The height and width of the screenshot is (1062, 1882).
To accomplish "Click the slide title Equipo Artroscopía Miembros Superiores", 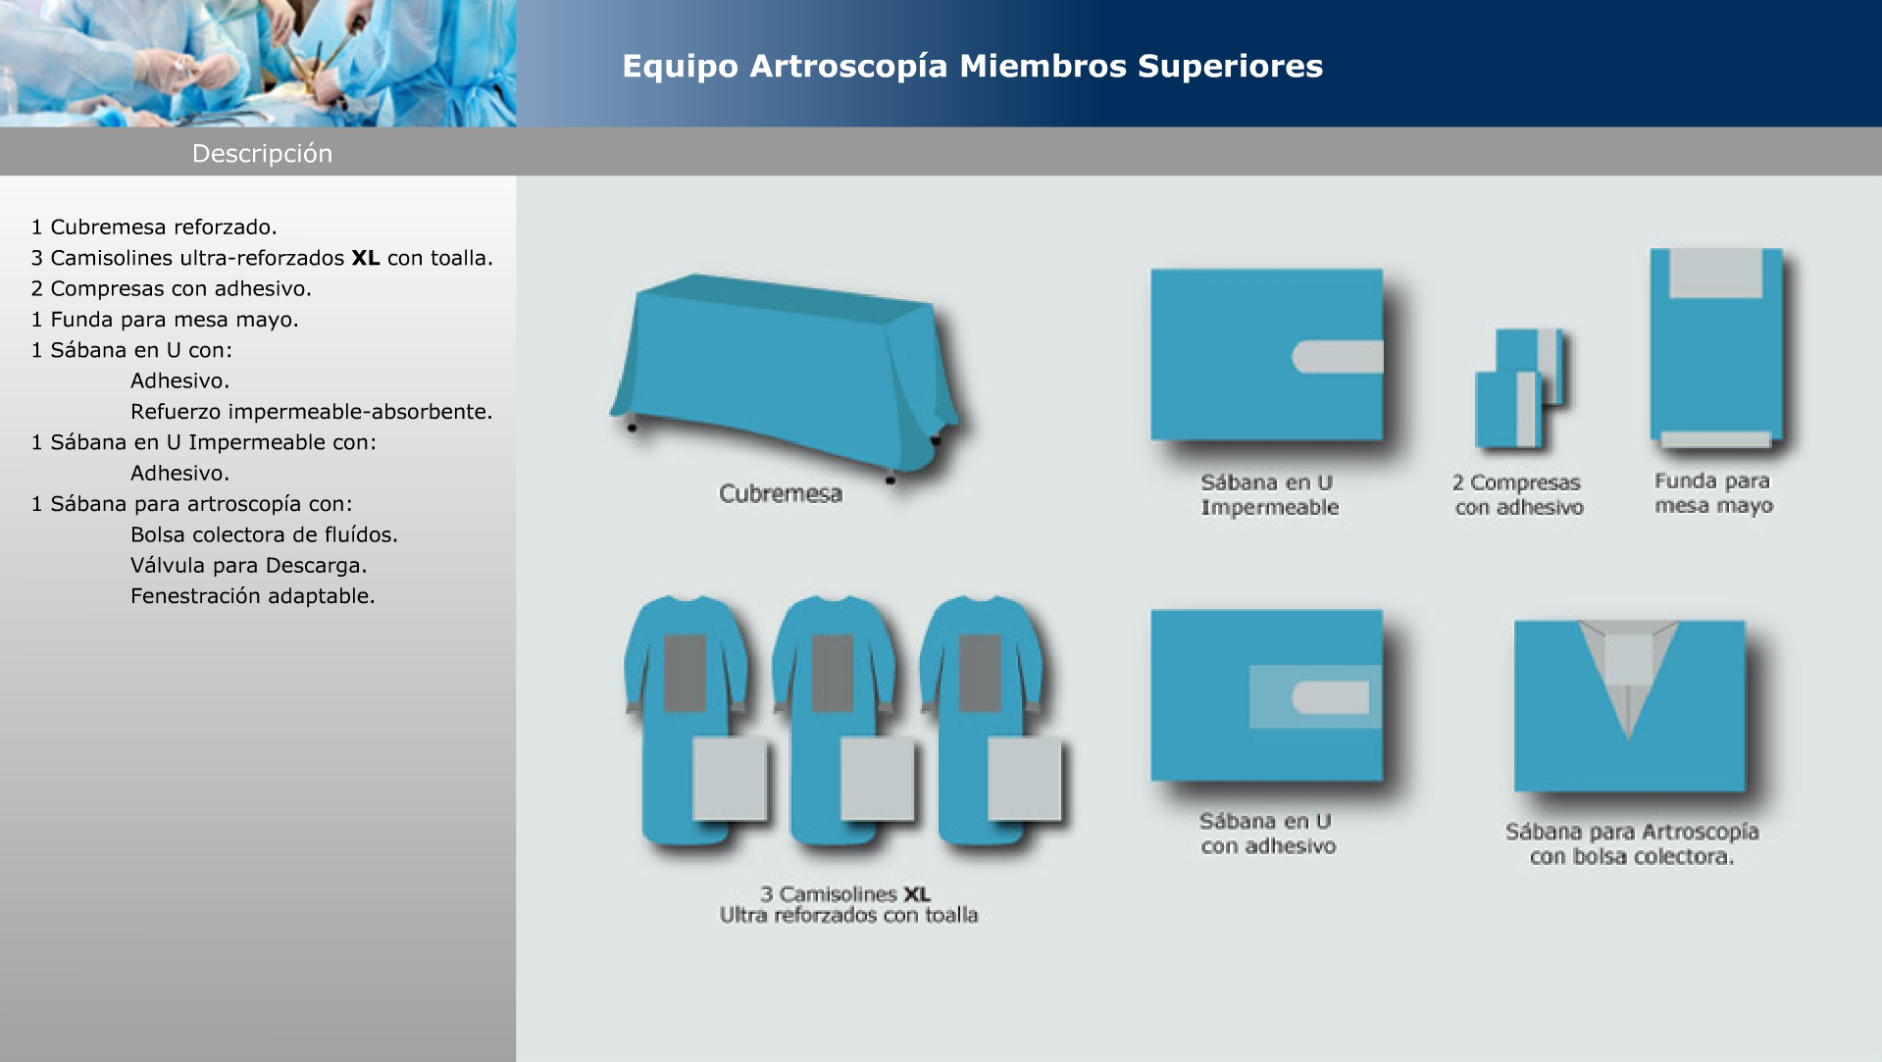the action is [x=972, y=67].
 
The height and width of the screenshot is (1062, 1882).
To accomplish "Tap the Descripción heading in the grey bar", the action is [x=262, y=154].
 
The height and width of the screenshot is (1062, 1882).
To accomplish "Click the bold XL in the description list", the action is [x=366, y=258].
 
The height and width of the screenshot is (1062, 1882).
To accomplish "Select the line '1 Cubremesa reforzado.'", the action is [x=154, y=228].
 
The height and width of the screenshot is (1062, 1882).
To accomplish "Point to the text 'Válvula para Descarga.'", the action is [x=249, y=566].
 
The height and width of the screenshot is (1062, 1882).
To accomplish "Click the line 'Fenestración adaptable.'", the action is [x=253, y=596].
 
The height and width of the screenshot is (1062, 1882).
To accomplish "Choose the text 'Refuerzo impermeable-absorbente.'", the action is [x=312, y=412].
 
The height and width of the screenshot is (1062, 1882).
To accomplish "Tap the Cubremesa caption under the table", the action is [x=781, y=493].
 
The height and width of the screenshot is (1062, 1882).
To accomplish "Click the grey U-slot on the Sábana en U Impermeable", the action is [x=1338, y=357].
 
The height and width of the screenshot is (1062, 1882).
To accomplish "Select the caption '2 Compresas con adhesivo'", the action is [x=1518, y=495].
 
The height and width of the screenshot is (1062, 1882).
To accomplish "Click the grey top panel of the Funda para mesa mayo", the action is [x=1716, y=274].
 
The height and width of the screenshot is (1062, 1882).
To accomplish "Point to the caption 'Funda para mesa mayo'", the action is [x=1713, y=493].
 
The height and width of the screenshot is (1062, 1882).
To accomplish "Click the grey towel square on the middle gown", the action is [x=878, y=779].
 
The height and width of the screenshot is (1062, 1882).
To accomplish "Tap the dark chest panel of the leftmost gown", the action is [x=686, y=673].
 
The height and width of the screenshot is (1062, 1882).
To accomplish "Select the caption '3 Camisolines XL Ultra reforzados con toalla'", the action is [x=848, y=904].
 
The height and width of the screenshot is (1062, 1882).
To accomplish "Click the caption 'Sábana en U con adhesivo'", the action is [x=1267, y=834].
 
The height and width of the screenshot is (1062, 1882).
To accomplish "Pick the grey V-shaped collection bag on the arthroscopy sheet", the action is [x=1629, y=667].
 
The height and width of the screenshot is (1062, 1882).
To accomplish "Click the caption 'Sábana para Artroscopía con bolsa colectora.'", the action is [x=1632, y=844].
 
